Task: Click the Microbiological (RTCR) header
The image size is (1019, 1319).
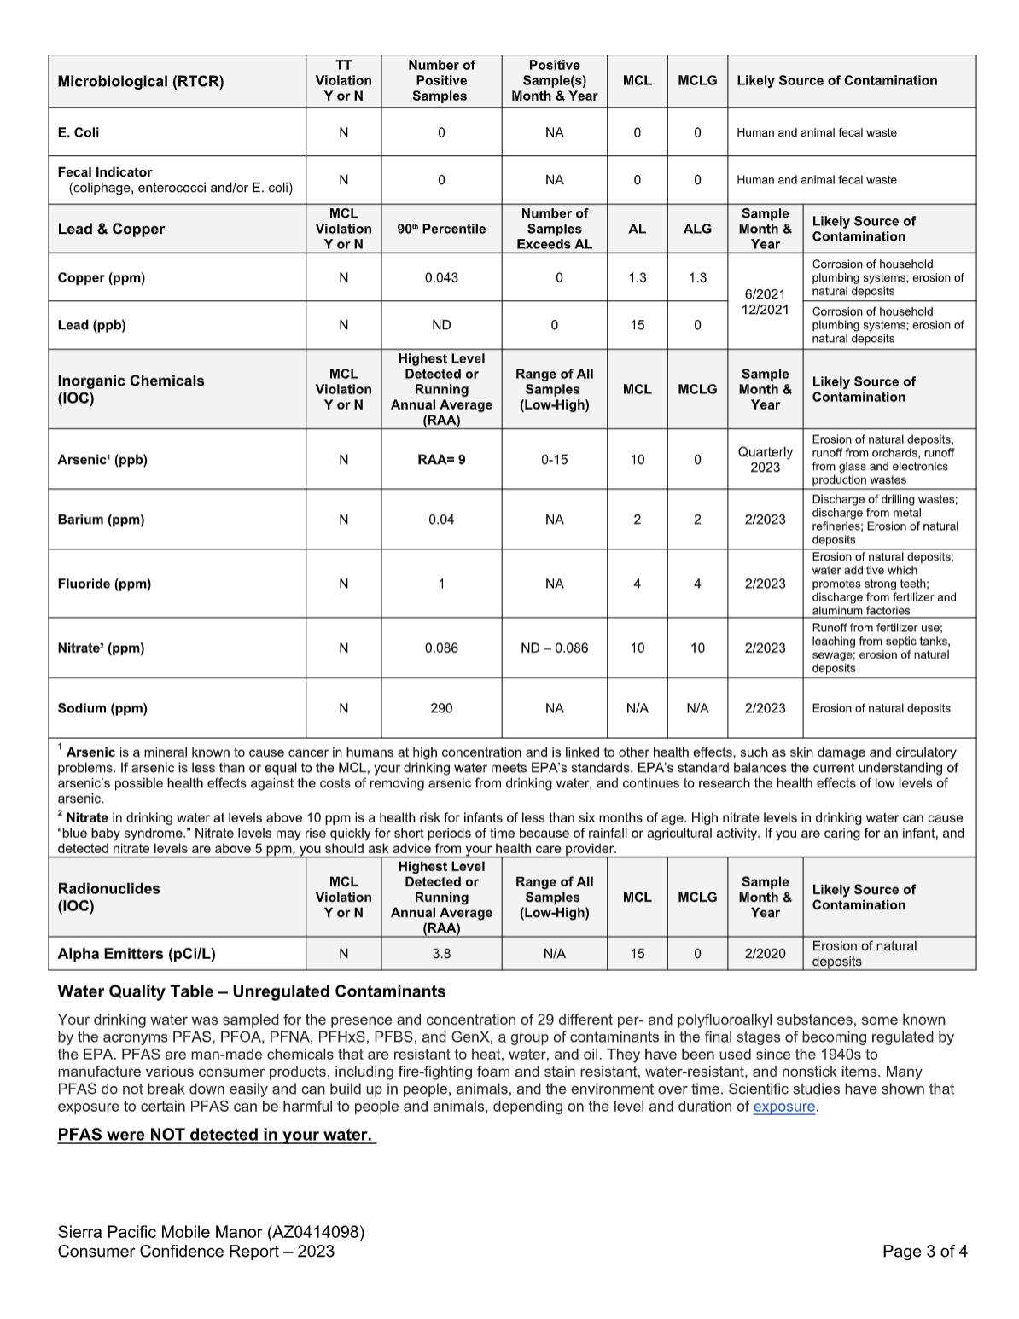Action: [x=141, y=81]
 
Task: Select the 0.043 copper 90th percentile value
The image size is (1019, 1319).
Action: [x=441, y=277]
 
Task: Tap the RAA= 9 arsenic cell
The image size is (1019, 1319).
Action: [x=441, y=459]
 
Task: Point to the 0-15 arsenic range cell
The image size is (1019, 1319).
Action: [x=554, y=459]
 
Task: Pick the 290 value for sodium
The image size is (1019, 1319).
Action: [x=441, y=708]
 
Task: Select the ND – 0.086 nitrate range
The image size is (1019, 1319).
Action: [x=554, y=648]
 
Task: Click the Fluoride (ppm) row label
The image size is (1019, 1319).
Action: [x=104, y=584]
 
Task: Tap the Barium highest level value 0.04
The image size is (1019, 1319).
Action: [x=441, y=520]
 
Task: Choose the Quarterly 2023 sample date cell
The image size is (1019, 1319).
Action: [x=765, y=459]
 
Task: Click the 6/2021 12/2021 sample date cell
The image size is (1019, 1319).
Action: [x=765, y=301]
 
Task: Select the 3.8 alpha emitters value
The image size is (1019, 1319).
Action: [x=441, y=954]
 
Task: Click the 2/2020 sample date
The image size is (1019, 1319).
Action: [x=765, y=954]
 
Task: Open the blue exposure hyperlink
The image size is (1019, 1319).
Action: [x=783, y=1107]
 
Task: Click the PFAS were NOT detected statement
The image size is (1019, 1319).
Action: [x=215, y=1135]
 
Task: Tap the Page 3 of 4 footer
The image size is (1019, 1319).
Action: [x=924, y=1252]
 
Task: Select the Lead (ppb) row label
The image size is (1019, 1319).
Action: [x=91, y=325]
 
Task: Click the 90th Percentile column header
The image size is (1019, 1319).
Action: [x=441, y=229]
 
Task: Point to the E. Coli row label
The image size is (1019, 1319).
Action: [x=79, y=132]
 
